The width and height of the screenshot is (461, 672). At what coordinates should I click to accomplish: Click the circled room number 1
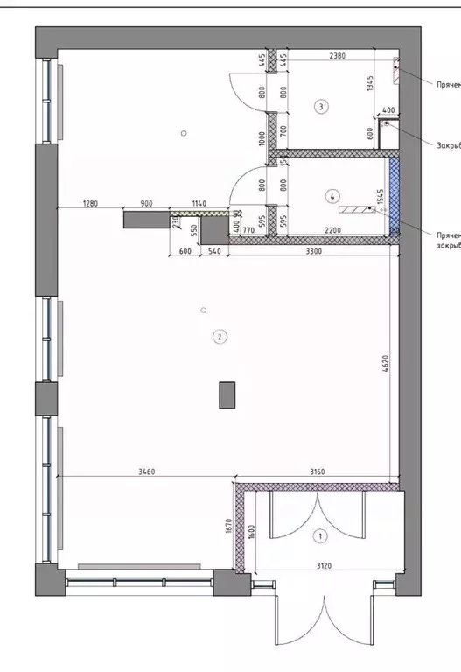(320, 535)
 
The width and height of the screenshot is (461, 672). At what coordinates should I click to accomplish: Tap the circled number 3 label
(322, 107)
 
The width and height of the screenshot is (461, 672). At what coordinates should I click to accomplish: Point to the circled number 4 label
(332, 195)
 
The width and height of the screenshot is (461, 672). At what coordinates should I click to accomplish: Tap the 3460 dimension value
(147, 472)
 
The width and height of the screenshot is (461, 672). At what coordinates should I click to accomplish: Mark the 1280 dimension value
(91, 203)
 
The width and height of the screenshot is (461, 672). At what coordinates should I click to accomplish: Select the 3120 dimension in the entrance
(323, 566)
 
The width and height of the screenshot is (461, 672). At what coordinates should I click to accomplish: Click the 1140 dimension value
(199, 203)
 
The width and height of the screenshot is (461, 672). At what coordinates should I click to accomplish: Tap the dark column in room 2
(227, 395)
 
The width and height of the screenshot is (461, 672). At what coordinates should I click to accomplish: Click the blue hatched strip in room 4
(395, 194)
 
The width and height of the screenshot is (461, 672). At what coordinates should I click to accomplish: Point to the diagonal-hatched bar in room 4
(355, 210)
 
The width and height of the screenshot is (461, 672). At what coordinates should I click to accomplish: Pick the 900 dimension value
(146, 203)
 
